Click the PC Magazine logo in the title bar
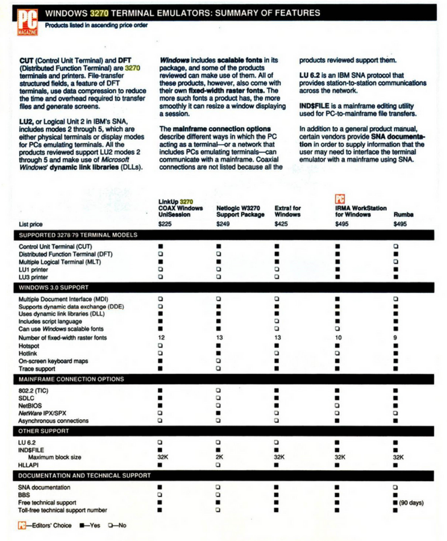[x=28, y=22]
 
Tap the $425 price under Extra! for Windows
[x=281, y=224]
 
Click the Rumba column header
[x=403, y=215]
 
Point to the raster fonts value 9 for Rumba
[x=395, y=337]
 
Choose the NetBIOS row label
[x=30, y=406]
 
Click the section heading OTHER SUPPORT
[x=43, y=431]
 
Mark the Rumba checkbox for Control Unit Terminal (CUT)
[x=396, y=246]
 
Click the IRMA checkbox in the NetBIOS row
[x=337, y=406]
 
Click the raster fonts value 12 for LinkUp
[x=161, y=337]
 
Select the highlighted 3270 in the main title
[x=99, y=13]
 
